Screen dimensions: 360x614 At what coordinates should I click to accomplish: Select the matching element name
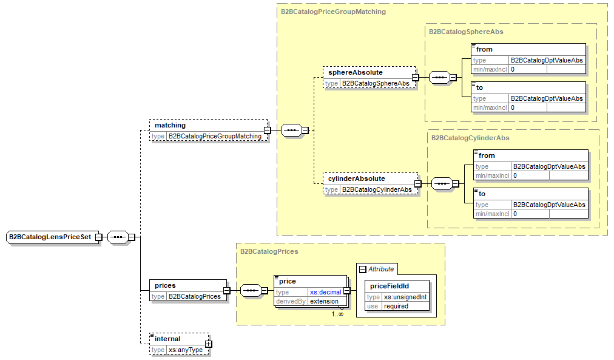[x=170, y=125]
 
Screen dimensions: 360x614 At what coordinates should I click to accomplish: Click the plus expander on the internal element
[x=208, y=344]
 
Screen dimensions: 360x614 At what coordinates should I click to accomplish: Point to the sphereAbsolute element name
[x=356, y=72]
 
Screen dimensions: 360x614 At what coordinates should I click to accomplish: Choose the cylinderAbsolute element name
[x=357, y=178]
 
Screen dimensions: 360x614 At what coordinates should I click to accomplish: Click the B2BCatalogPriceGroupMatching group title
[x=333, y=12]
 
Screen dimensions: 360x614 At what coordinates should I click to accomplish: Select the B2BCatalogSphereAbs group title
[x=466, y=32]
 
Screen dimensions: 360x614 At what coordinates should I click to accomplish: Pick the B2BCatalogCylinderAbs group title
[x=470, y=138]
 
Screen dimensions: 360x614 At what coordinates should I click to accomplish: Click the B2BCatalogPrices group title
[x=269, y=251]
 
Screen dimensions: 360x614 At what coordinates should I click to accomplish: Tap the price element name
[x=288, y=281]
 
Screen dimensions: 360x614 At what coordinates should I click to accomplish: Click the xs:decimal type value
[x=325, y=292]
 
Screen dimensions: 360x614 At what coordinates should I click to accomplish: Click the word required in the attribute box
[x=396, y=306]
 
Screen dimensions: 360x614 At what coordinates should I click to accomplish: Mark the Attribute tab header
[x=380, y=269]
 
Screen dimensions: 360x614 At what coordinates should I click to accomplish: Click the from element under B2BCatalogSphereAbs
[x=485, y=49]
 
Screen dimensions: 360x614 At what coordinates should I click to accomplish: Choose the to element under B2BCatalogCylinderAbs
[x=482, y=194]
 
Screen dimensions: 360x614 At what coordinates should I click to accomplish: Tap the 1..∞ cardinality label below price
[x=337, y=314]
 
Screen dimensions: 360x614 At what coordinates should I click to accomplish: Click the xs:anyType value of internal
[x=186, y=350]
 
